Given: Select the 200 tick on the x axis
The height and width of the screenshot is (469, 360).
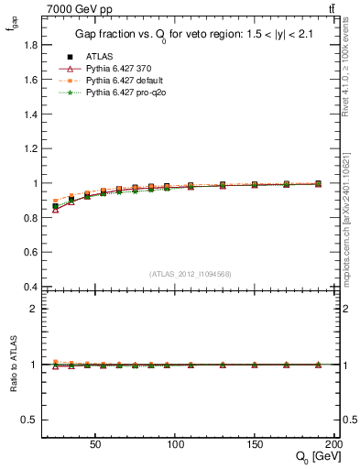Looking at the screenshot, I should (335, 442).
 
